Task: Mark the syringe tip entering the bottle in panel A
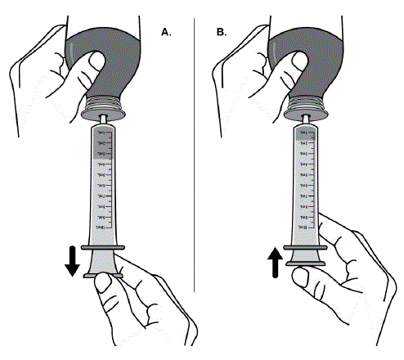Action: tap(104, 120)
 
